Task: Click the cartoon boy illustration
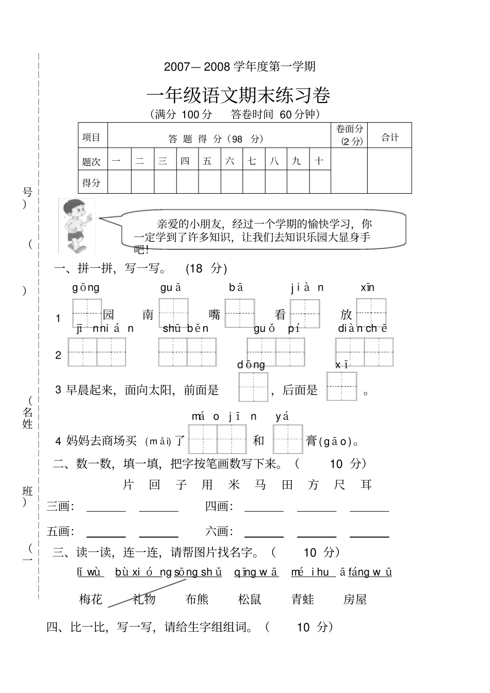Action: pyautogui.click(x=76, y=226)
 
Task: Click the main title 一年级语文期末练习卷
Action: pyautogui.click(x=238, y=96)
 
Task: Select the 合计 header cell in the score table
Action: pyautogui.click(x=389, y=137)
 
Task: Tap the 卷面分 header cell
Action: pyautogui.click(x=349, y=135)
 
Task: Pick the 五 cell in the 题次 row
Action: pyautogui.click(x=207, y=161)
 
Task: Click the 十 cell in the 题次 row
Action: pyautogui.click(x=319, y=161)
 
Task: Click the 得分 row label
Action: pyautogui.click(x=92, y=182)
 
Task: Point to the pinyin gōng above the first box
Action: pyautogui.click(x=86, y=288)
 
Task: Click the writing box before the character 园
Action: pyautogui.click(x=87, y=313)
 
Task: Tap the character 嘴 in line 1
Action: pyautogui.click(x=215, y=314)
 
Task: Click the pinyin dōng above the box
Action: pyautogui.click(x=251, y=365)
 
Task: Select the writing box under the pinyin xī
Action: pyautogui.click(x=341, y=386)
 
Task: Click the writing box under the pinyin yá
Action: pyautogui.click(x=287, y=439)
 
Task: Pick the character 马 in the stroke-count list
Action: pyautogui.click(x=260, y=484)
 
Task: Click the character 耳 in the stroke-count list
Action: pyautogui.click(x=366, y=484)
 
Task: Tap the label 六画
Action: pyautogui.click(x=218, y=531)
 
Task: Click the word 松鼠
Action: pyautogui.click(x=250, y=599)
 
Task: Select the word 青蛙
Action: pyautogui.click(x=302, y=599)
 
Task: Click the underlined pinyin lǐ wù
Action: pyautogui.click(x=90, y=572)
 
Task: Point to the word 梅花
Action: pyautogui.click(x=91, y=599)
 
